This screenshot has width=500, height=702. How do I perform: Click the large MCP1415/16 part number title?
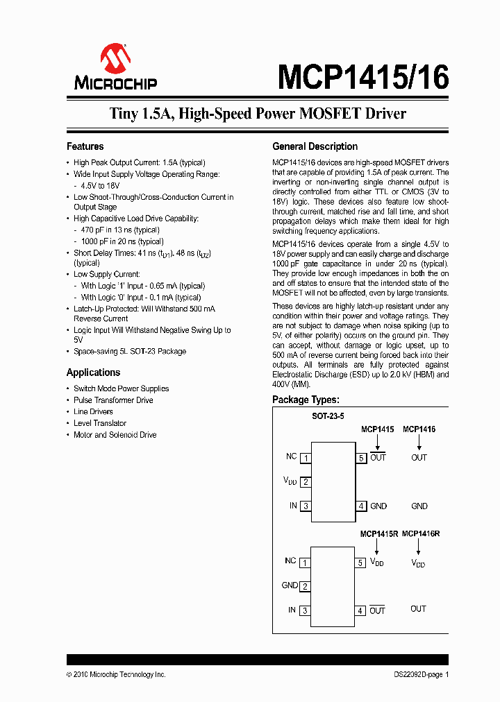point(362,77)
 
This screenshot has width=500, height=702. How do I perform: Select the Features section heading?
point(85,146)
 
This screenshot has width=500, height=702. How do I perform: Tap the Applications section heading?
point(93,373)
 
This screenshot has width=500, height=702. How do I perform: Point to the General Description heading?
point(315,146)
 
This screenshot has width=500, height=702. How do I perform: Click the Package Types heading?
point(306,400)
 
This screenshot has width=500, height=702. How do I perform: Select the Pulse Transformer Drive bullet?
point(113,400)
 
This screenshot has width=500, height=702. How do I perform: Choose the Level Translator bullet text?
point(100,423)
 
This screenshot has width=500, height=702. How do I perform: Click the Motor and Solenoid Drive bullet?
point(115,435)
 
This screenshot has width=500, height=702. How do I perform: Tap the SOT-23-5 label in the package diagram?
point(328,416)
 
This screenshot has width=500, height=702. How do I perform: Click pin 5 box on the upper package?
point(361,458)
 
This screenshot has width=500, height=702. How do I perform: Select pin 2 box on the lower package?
point(305,587)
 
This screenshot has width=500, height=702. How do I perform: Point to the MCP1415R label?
point(378,534)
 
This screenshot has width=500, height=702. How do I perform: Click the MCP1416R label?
point(421,534)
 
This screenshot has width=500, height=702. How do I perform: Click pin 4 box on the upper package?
point(361,506)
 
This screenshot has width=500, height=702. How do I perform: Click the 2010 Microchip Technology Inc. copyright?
point(116,675)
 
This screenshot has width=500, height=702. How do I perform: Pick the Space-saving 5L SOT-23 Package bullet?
point(130,352)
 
